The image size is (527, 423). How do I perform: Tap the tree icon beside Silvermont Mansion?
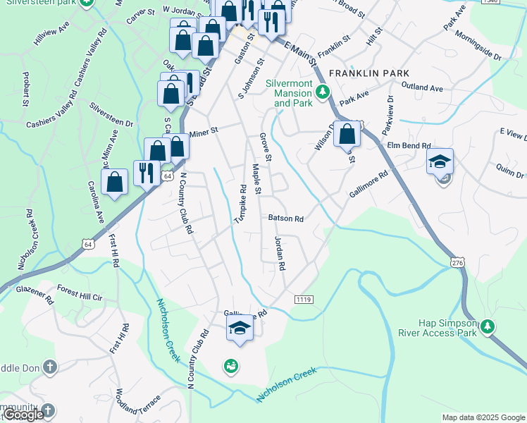point(323,92)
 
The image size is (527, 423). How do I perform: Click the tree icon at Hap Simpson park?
point(486,326)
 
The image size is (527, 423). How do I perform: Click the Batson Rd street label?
point(285,219)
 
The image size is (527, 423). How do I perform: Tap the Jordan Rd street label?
point(279,254)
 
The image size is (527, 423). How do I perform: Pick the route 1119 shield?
point(304,300)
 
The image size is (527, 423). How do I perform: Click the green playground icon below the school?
point(230,365)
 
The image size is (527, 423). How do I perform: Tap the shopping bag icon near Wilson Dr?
point(347,133)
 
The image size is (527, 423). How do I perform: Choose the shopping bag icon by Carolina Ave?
point(114,182)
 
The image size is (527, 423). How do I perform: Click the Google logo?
point(23,415)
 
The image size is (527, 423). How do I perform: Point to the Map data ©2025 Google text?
point(483,417)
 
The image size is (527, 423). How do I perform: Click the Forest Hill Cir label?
point(80,293)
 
